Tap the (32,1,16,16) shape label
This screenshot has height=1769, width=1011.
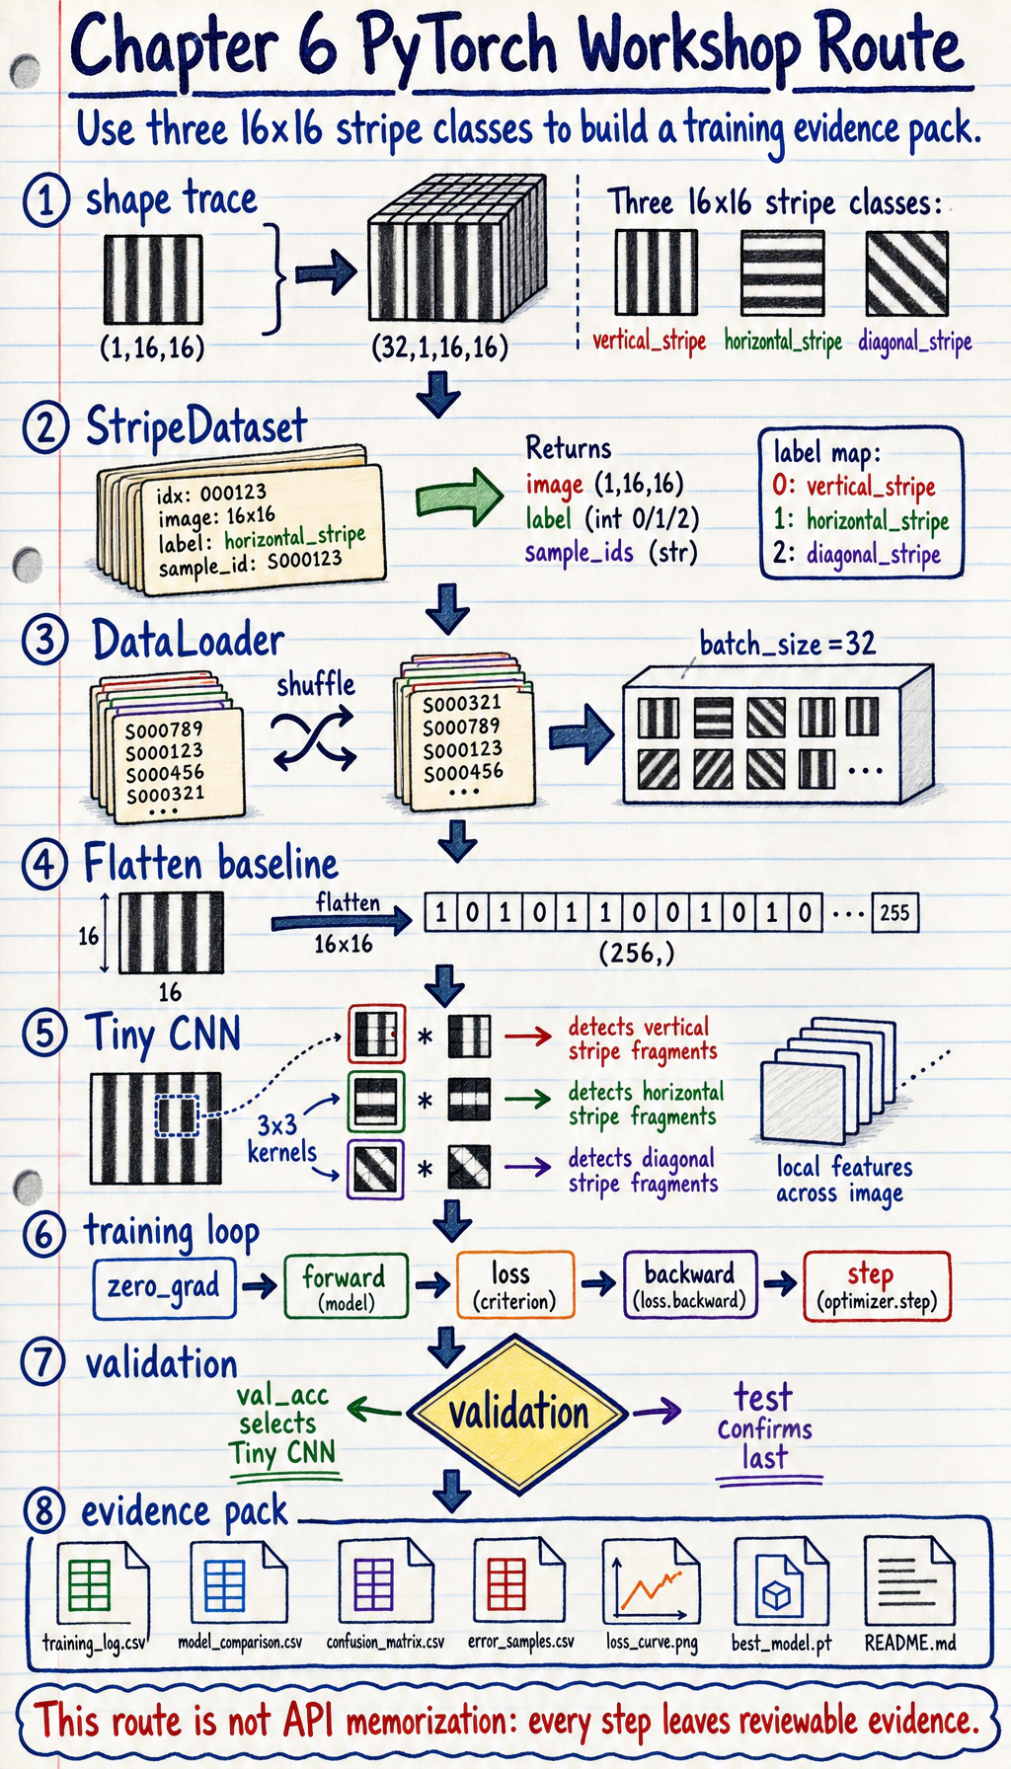439,346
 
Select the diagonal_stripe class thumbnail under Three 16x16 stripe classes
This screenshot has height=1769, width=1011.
907,273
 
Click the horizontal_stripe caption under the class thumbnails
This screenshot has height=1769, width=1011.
783,342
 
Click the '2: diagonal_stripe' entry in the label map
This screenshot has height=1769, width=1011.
856,554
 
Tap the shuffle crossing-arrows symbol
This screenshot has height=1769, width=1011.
314,740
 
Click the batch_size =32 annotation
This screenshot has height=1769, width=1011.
787,645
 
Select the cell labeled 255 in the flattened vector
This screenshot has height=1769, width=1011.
894,912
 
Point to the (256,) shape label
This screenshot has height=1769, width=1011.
637,954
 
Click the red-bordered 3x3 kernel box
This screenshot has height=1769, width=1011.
376,1034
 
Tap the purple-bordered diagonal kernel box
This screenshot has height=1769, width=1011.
375,1169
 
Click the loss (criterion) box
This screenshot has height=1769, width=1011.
515,1285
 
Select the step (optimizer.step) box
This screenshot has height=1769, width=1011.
877,1286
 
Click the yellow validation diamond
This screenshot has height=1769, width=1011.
517,1413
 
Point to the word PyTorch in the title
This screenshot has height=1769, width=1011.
457,48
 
